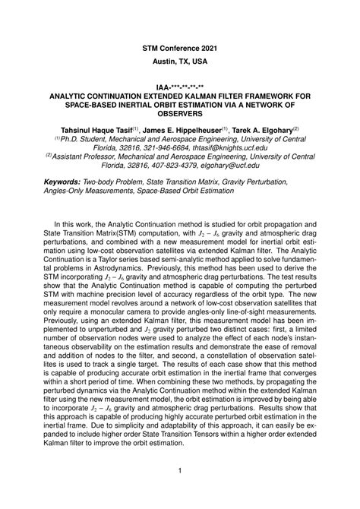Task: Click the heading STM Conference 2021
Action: (180, 47)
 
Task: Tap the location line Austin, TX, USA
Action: (180, 62)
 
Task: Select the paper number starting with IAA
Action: (180, 87)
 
